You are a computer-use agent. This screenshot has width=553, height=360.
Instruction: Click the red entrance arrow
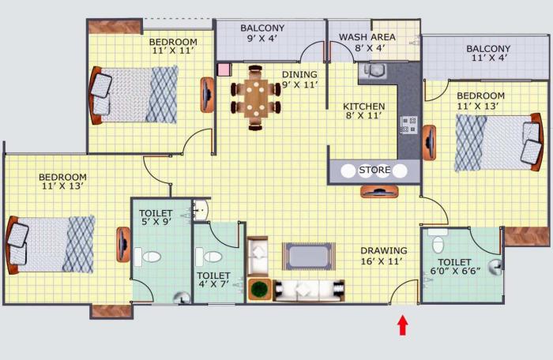403,324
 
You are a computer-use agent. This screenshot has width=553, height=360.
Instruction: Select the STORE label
374,171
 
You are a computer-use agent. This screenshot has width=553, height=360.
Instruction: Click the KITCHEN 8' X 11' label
363,111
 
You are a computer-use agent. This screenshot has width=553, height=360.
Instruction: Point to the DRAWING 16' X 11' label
384,257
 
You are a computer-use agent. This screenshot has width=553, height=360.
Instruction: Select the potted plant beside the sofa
259,288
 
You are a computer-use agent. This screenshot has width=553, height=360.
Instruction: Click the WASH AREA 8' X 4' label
367,43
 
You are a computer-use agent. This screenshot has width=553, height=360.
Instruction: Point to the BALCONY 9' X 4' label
262,34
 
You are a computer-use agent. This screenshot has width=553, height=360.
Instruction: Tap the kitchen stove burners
408,124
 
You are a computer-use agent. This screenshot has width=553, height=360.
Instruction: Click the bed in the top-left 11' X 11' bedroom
134,95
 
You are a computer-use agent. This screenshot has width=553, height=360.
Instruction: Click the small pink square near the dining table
224,69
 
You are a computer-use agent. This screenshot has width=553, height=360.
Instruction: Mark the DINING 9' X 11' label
299,80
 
